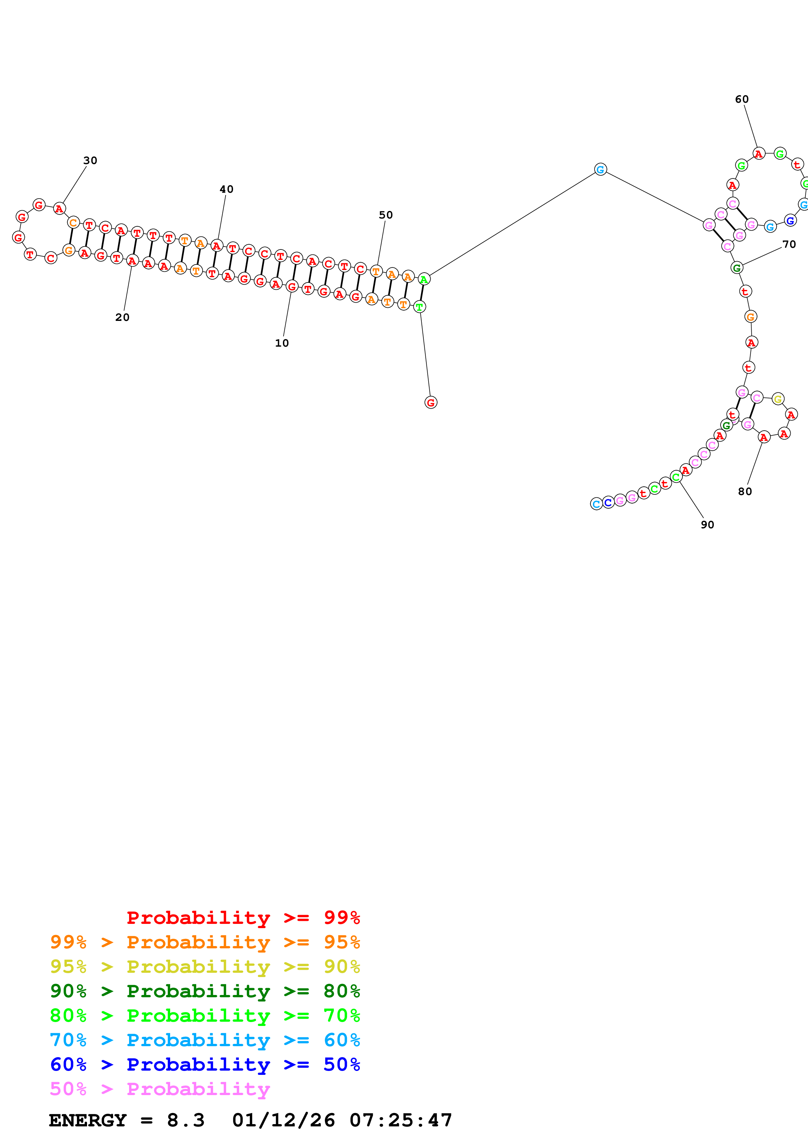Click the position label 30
pos(90,160)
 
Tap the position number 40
pos(227,189)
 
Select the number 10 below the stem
pos(282,343)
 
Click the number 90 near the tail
pos(707,525)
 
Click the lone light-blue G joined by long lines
pos(600,170)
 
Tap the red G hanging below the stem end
pos(431,403)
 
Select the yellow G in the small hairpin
pos(778,399)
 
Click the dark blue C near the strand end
pos(608,503)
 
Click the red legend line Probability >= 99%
pos(243,918)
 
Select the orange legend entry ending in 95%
pos(205,942)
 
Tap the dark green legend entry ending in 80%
pos(205,991)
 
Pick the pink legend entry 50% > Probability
pos(159,1089)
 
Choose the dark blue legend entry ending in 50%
pos(205,1064)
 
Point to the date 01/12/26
pos(283,1121)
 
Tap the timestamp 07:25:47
pos(401,1121)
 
